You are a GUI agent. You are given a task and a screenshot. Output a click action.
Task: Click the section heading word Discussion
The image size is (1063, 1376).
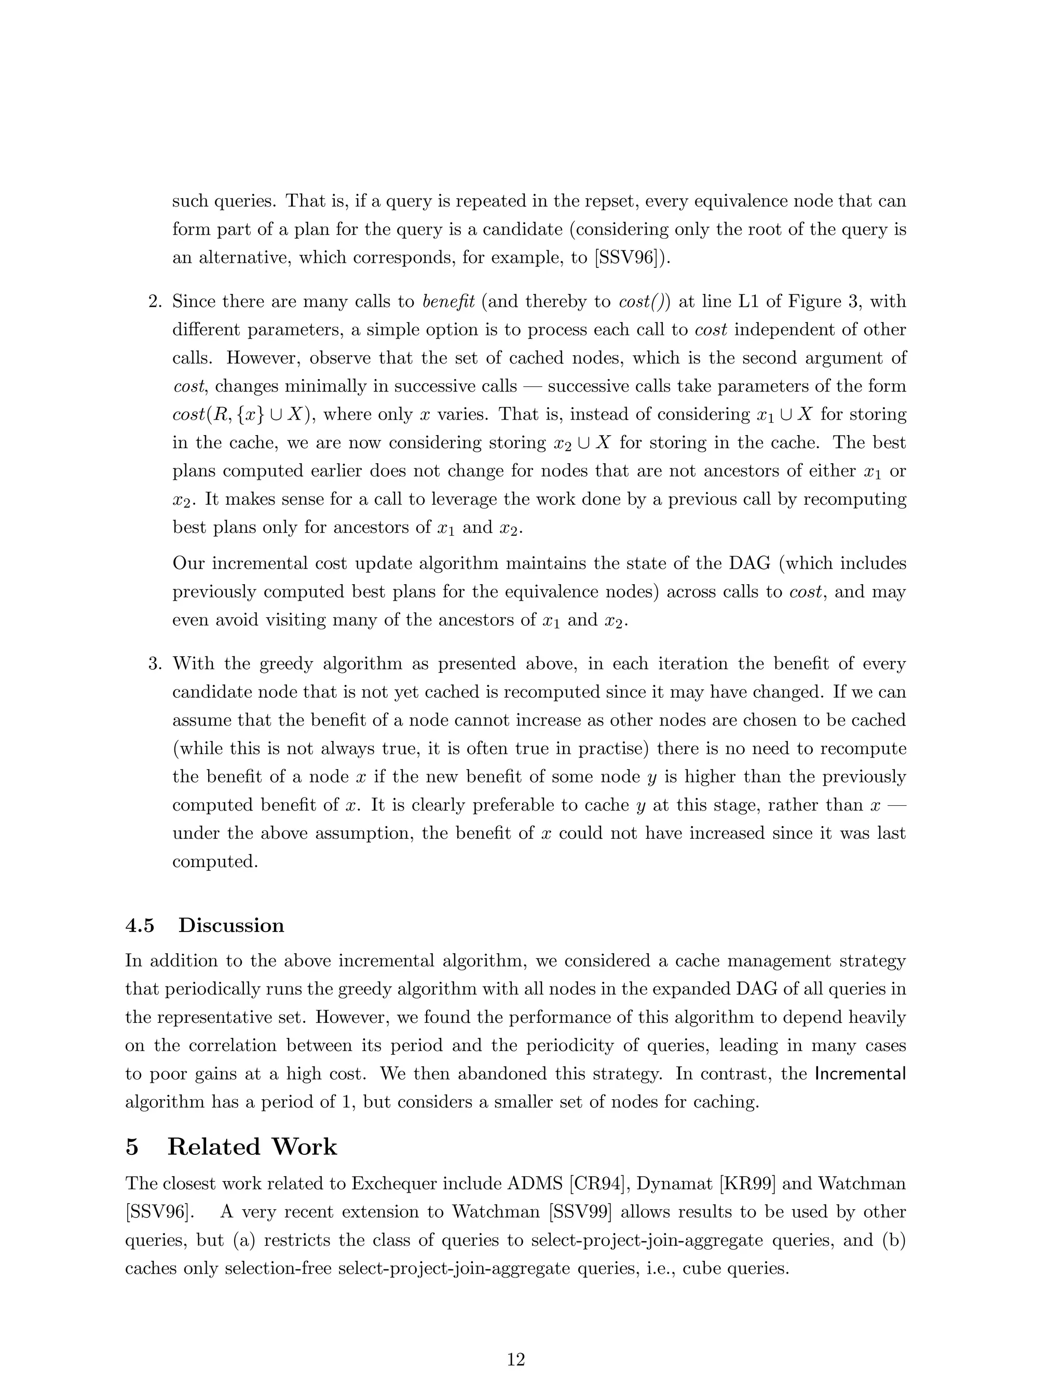[x=231, y=925]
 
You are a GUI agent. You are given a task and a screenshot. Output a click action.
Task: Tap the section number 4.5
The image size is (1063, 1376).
[x=140, y=925]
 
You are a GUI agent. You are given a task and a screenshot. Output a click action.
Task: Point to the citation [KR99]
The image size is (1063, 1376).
[x=742, y=1184]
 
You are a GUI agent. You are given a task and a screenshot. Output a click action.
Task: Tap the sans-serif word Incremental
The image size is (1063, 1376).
[x=860, y=1074]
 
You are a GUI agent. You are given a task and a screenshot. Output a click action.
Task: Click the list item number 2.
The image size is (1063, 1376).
[x=155, y=302]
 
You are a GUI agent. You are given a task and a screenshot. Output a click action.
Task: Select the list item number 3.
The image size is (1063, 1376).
[x=155, y=664]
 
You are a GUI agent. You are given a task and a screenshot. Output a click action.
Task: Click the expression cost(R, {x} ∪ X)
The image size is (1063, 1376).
[x=239, y=414]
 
